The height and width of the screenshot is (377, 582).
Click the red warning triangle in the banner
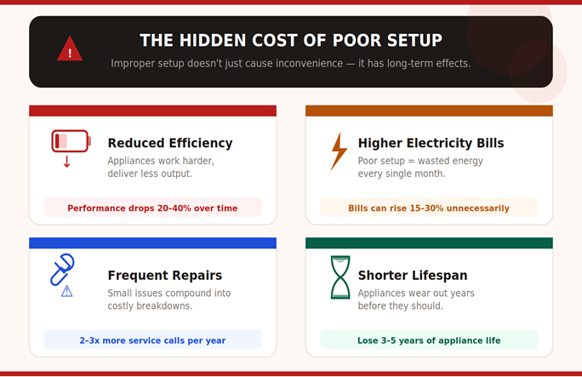[x=70, y=50]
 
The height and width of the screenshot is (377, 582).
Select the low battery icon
[x=69, y=140]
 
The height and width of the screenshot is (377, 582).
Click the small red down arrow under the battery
[x=66, y=161]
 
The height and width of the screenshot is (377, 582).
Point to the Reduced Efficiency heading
[x=169, y=143]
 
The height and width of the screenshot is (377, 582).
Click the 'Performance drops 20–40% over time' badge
[x=152, y=208]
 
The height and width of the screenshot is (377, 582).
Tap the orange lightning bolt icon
[x=339, y=151]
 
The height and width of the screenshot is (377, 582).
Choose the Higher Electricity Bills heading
[x=431, y=143]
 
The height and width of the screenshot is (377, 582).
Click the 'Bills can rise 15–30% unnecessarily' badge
[x=428, y=208]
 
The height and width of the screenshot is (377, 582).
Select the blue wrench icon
[x=62, y=268]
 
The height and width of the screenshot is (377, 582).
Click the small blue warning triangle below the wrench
[x=67, y=291]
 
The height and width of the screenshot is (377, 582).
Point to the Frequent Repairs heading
[x=164, y=276]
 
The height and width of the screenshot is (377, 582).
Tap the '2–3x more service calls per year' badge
[x=152, y=340]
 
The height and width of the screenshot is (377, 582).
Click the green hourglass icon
[x=340, y=277]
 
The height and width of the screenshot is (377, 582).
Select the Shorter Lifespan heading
[x=412, y=276]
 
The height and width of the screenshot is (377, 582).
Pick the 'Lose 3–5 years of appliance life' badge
[x=428, y=340]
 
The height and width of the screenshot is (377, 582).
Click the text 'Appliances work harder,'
[x=161, y=161]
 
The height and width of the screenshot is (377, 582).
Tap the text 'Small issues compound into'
[x=167, y=293]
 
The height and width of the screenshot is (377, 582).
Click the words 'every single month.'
[x=402, y=174]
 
